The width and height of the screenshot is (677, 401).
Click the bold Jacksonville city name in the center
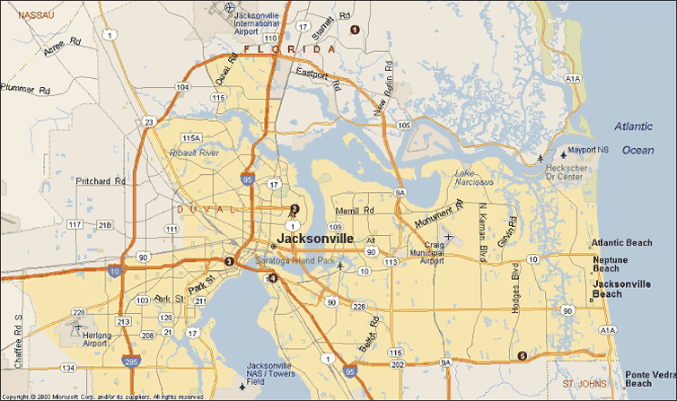pos(315,239)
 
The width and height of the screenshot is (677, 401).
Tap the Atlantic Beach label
pos(621,243)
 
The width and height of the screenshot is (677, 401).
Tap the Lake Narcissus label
pos(474,178)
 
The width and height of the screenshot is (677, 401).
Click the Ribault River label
pos(195,153)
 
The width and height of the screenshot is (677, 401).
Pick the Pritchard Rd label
pos(101,181)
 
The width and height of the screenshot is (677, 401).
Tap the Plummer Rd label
pos(26,90)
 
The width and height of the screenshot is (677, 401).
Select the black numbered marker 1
pos(354,30)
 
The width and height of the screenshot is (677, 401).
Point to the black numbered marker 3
pos(229,262)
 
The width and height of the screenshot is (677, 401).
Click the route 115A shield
pos(190,137)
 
